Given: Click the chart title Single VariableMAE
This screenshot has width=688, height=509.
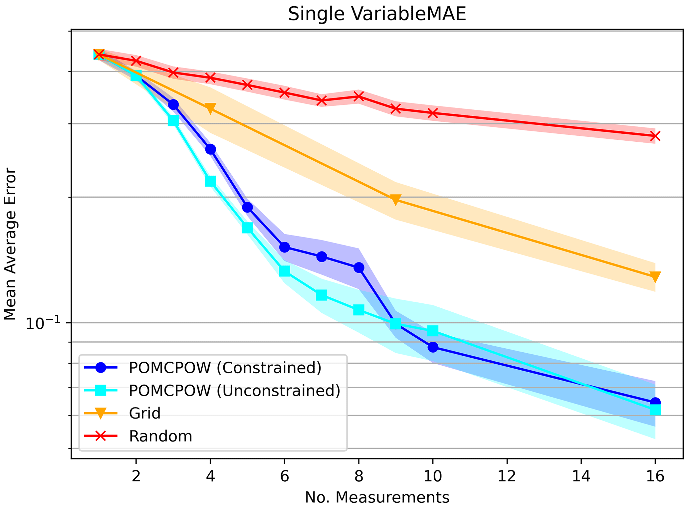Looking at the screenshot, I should (x=377, y=14).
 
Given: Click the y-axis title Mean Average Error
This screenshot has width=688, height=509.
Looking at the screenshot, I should (x=10, y=245).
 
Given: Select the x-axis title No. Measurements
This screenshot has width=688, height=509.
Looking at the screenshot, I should (x=377, y=497).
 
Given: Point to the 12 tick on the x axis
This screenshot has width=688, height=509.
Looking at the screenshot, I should (x=507, y=477).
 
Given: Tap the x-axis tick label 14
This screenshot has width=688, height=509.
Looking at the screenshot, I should (x=581, y=477).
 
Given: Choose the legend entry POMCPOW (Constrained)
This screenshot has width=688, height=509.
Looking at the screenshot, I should (x=225, y=368).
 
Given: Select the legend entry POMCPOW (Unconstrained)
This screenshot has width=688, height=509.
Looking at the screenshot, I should (x=234, y=390).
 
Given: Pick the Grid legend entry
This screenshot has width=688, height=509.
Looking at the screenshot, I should (x=144, y=413).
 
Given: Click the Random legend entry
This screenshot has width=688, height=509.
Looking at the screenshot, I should (x=160, y=436).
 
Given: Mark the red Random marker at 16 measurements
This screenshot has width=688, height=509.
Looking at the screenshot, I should (x=655, y=136).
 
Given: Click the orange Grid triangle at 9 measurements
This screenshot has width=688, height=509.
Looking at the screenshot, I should (x=395, y=200).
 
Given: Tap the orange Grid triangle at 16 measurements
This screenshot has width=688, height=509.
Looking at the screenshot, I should (x=655, y=276).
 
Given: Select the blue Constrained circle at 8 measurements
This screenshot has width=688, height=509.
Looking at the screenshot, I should (x=358, y=267).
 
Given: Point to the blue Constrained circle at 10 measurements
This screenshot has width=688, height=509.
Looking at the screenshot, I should (x=433, y=347).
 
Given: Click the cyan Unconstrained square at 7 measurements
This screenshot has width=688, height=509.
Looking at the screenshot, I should (x=322, y=295).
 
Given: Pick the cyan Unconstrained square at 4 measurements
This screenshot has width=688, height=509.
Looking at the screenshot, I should (x=210, y=181).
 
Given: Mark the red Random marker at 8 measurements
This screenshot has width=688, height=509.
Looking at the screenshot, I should (x=358, y=96).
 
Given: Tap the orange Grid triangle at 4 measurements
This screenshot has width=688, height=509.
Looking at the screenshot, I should (x=210, y=108).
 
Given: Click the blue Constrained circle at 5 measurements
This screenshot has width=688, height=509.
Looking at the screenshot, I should (x=247, y=207).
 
